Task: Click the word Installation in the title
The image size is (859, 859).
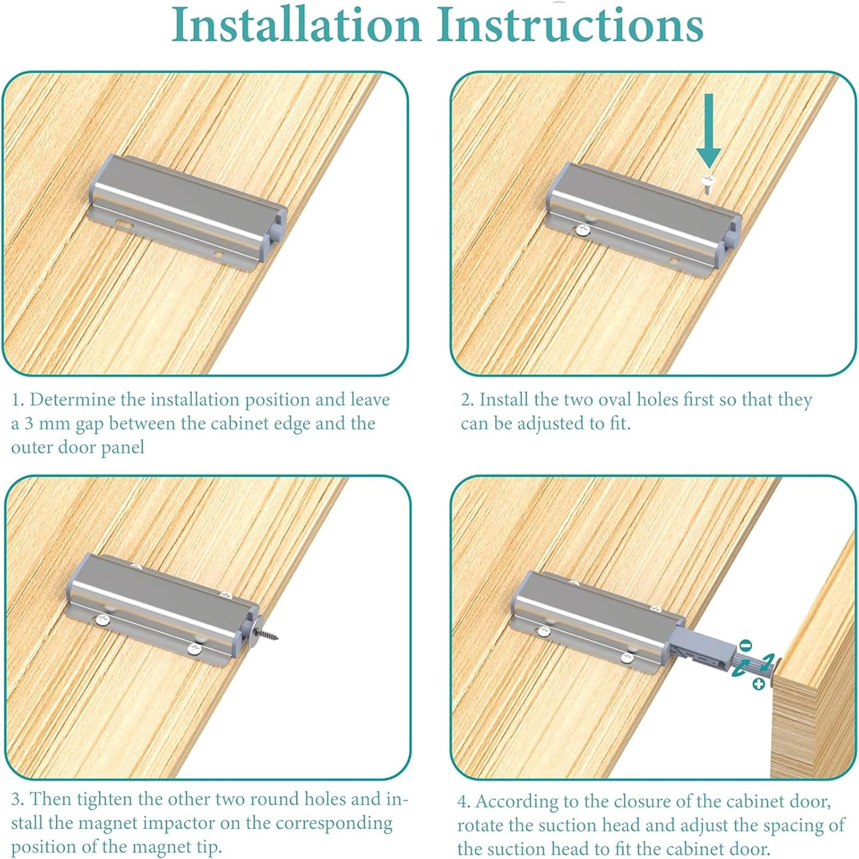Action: (297, 24)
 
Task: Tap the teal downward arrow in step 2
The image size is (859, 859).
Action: (708, 131)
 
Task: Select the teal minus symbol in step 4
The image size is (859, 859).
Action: (744, 645)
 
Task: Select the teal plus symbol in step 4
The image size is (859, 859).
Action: (759, 684)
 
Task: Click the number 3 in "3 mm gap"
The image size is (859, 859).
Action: (29, 424)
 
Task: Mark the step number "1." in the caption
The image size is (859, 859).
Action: (18, 400)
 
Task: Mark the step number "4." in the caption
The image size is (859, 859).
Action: (464, 801)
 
